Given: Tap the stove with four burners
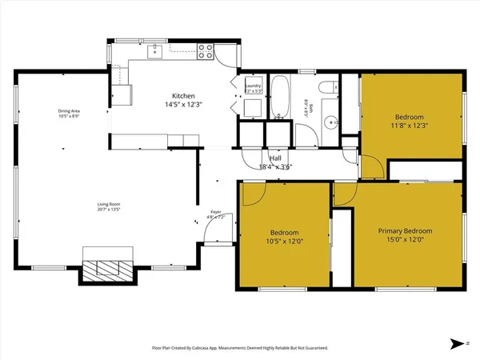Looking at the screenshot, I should tap(206, 52).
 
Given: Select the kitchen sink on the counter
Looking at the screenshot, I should tap(157, 52).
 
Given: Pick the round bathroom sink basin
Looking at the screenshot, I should tap(330, 123).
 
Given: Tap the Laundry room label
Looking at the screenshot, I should tap(253, 86).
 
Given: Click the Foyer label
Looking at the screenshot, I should tap(216, 212).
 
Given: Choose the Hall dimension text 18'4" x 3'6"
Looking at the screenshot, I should tap(276, 167).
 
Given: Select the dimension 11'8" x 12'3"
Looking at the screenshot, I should tap(410, 125).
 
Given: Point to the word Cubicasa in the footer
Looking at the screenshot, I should tap(212, 348).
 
